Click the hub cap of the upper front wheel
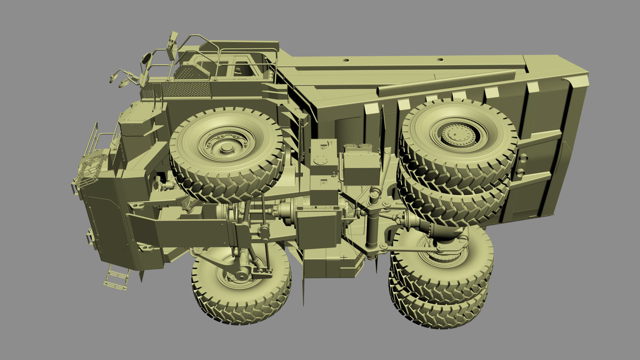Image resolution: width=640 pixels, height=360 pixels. tap(227, 148)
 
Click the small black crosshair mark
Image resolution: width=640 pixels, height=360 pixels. tap(344, 257)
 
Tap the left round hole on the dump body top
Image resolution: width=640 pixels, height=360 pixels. tap(346, 60)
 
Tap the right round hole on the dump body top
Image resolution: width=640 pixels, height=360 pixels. tap(440, 60)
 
